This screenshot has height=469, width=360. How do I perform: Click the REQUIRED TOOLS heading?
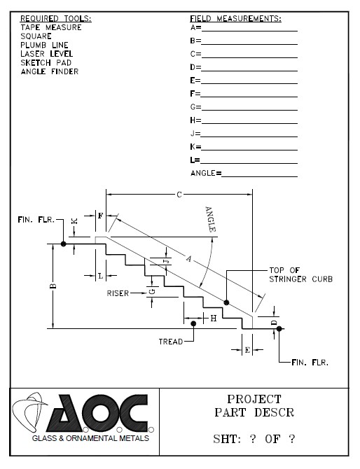pyautogui.click(x=55, y=18)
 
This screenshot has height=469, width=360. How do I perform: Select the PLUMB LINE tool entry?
pyautogui.click(x=44, y=45)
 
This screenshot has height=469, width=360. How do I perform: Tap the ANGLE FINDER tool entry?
pyautogui.click(x=50, y=72)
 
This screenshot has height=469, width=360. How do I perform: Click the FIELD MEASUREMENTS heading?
pyautogui.click(x=235, y=18)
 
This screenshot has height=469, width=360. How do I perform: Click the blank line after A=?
pyautogui.click(x=249, y=31)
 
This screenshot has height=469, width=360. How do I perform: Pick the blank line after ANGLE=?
pyautogui.click(x=259, y=176)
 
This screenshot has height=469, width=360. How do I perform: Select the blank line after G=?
pyautogui.click(x=249, y=110)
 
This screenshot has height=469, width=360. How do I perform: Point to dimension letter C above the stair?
pyautogui.click(x=179, y=195)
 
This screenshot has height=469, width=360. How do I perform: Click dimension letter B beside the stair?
pyautogui.click(x=53, y=286)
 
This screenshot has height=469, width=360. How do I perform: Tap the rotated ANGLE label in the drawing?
pyautogui.click(x=210, y=219)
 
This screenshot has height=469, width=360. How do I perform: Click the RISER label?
pyautogui.click(x=118, y=293)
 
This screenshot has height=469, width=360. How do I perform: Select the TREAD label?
pyautogui.click(x=171, y=342)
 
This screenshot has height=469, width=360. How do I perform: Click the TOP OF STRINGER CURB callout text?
pyautogui.click(x=300, y=275)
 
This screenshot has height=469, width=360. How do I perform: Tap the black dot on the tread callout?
pyautogui.click(x=193, y=323)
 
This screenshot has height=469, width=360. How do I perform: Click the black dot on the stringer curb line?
pyautogui.click(x=226, y=302)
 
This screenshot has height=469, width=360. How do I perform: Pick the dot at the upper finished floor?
pyautogui.click(x=63, y=244)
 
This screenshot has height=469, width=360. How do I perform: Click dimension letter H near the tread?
pyautogui.click(x=214, y=318)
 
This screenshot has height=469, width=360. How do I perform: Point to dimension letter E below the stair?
pyautogui.click(x=247, y=350)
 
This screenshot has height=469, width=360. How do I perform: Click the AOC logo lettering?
pyautogui.click(x=97, y=413)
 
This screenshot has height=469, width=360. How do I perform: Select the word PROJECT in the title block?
pyautogui.click(x=254, y=399)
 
